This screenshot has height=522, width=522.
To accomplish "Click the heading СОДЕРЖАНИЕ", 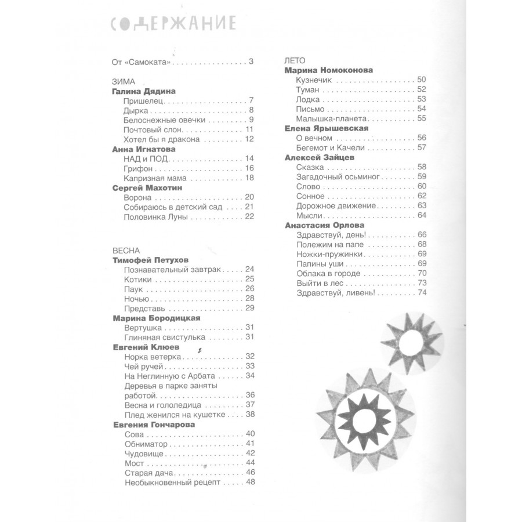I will (x=173, y=24).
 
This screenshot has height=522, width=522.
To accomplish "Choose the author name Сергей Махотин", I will (x=148, y=188).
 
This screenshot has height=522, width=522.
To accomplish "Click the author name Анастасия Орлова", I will (x=325, y=226).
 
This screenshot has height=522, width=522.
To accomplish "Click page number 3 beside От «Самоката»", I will (x=251, y=62).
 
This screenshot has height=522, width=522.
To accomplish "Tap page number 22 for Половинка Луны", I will (x=250, y=217).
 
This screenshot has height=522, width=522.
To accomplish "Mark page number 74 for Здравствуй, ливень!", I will (x=422, y=293).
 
